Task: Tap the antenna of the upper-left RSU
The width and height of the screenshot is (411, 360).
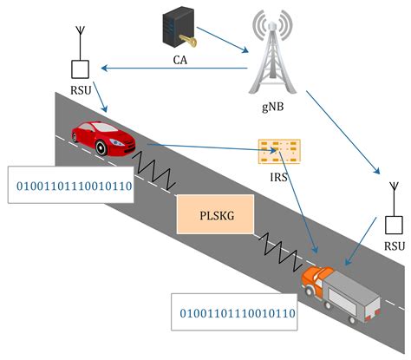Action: click(79, 40)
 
